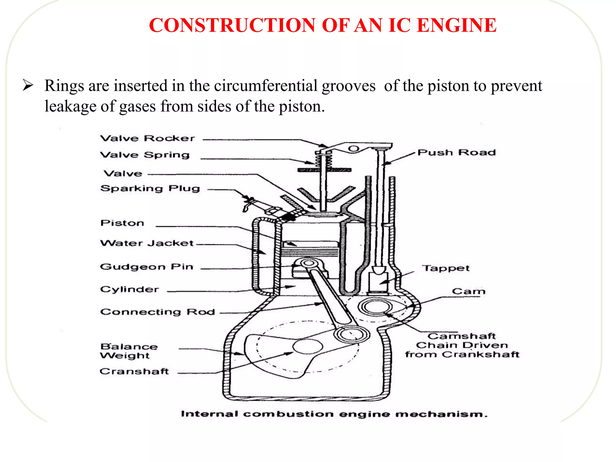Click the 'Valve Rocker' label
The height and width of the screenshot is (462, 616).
(147, 138)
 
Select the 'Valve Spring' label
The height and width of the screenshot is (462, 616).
(145, 155)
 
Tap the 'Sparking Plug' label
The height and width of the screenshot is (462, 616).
(150, 189)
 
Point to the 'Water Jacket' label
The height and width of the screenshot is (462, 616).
(147, 243)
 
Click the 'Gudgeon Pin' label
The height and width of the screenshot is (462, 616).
(146, 267)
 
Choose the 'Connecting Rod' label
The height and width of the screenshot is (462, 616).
(158, 312)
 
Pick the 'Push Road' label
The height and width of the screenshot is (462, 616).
(457, 152)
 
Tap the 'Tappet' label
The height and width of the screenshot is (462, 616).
(446, 268)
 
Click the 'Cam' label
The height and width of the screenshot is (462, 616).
(469, 291)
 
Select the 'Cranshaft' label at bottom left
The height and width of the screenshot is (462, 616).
(134, 371)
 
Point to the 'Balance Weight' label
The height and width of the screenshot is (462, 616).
(129, 351)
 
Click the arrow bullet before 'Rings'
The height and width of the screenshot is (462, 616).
(28, 85)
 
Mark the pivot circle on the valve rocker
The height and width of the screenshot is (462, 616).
(354, 149)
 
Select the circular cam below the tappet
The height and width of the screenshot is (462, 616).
(375, 307)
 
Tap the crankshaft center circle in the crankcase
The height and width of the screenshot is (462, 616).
(308, 346)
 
